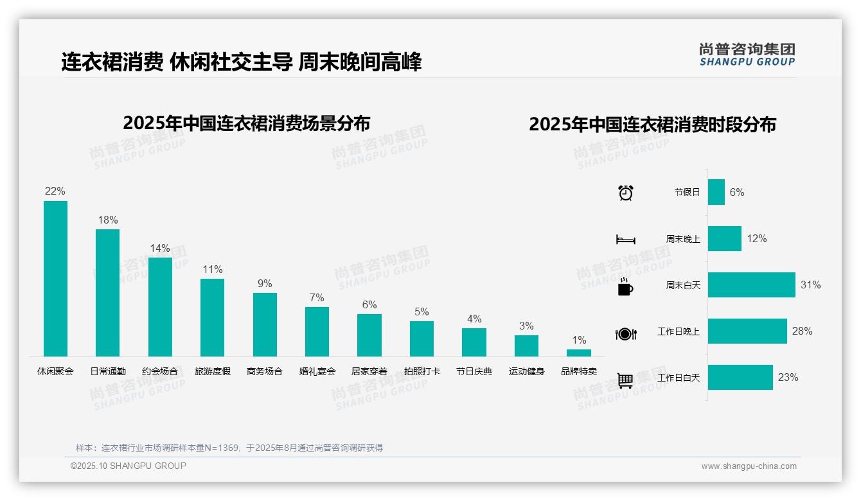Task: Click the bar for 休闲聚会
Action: click(x=55, y=279)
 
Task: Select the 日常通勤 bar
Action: click(x=107, y=293)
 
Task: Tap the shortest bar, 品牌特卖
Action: click(x=579, y=353)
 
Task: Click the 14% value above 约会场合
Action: click(x=160, y=249)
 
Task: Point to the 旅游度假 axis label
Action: click(x=213, y=371)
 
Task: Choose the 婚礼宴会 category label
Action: click(x=317, y=371)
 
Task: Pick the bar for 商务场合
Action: click(x=265, y=324)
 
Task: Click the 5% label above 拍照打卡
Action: click(x=422, y=312)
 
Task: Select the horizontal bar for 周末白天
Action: click(x=751, y=285)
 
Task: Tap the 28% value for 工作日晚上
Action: click(x=802, y=331)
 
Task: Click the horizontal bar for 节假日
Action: click(x=716, y=192)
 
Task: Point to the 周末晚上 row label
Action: click(x=683, y=239)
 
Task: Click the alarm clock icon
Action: click(x=626, y=193)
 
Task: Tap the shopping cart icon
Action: click(x=625, y=381)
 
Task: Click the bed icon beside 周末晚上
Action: click(x=625, y=240)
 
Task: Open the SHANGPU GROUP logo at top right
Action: click(x=747, y=55)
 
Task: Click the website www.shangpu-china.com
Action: click(x=749, y=466)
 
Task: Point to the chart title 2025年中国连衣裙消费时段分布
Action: click(x=652, y=125)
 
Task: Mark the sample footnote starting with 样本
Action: click(x=229, y=448)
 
